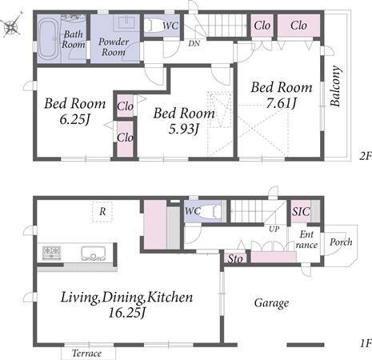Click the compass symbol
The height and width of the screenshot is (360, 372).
(11, 26)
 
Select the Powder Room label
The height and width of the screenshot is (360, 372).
(114, 46)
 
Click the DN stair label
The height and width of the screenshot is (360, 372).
(194, 43)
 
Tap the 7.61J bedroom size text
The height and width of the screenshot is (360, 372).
(282, 103)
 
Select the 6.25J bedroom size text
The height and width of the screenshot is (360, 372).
(75, 119)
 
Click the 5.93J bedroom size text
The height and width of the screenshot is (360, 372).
(184, 130)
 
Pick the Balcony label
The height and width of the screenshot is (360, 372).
(336, 86)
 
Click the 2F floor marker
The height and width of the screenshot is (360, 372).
(366, 156)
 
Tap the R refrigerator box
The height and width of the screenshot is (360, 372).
(102, 212)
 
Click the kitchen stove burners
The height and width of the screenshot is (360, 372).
(52, 253)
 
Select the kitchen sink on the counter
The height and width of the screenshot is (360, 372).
(93, 254)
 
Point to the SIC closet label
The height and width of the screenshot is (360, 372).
(301, 212)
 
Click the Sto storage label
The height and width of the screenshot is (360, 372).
(235, 258)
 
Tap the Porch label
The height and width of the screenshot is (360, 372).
(341, 242)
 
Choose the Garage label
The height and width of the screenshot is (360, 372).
(271, 303)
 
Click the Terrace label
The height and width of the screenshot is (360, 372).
(87, 354)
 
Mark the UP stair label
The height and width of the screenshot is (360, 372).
(274, 229)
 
